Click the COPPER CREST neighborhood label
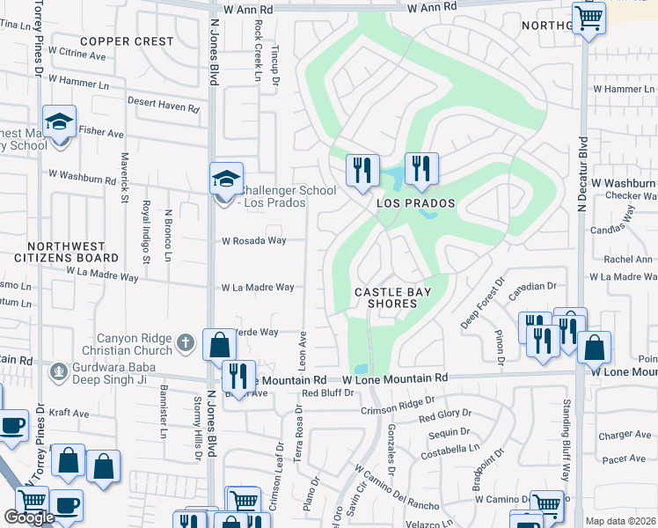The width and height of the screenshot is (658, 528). (x=127, y=41)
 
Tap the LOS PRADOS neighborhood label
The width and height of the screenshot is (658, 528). (x=416, y=203)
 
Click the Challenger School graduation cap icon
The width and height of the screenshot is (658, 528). (x=226, y=179)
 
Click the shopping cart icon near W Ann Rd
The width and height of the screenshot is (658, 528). (x=589, y=17)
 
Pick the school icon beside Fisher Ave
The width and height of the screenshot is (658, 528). (x=59, y=122)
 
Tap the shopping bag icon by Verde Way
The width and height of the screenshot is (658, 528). (x=218, y=345)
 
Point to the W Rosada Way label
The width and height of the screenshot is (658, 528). (x=253, y=240)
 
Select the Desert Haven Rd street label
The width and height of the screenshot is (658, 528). (x=163, y=103)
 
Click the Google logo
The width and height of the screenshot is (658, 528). (x=30, y=517)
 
